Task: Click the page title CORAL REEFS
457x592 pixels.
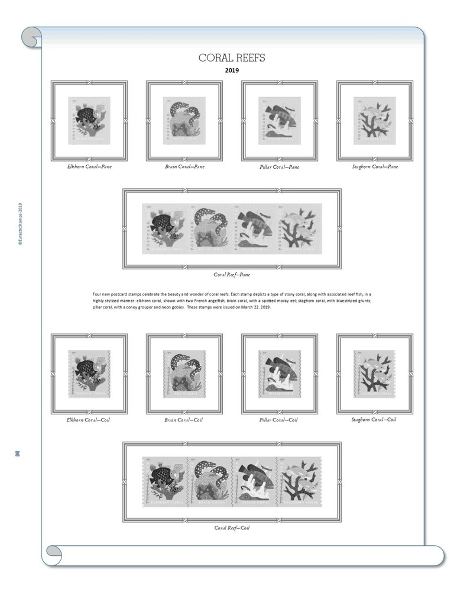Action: [232, 57]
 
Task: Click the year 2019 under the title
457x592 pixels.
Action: [232, 70]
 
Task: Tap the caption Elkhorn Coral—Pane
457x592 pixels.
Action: [89, 166]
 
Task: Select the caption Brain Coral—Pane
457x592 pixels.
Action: [184, 166]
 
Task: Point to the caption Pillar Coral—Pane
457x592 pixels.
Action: [279, 167]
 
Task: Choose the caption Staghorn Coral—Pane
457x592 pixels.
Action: [374, 166]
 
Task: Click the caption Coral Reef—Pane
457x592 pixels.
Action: [232, 275]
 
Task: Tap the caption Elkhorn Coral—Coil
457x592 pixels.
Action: [89, 420]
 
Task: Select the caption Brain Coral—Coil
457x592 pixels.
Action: [184, 420]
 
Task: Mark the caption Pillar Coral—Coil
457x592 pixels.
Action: [279, 420]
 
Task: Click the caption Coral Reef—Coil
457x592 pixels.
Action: [232, 527]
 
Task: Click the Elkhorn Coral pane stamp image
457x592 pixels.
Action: [89, 121]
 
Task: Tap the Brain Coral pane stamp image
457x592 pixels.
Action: [184, 121]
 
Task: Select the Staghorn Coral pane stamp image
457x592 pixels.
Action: [375, 121]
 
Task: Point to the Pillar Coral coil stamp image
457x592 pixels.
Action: [279, 374]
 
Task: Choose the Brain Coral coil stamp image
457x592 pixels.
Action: [184, 374]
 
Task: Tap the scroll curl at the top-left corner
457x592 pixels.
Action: [31, 37]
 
